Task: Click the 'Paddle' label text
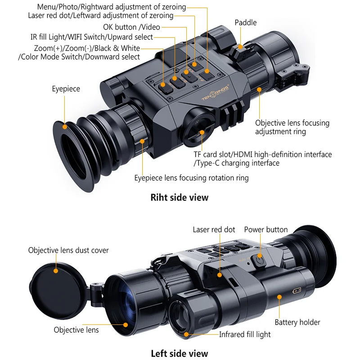pyautogui.click(x=245, y=22)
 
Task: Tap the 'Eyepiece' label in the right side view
pyautogui.click(x=66, y=89)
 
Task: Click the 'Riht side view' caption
pyautogui.click(x=180, y=197)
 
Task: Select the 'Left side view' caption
pyautogui.click(x=180, y=353)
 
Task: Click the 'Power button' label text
pyautogui.click(x=265, y=229)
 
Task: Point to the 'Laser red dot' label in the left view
pyautogui.click(x=214, y=229)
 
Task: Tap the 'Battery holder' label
pyautogui.click(x=297, y=322)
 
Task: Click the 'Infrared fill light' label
pyautogui.click(x=245, y=334)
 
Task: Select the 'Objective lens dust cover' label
pyautogui.click(x=68, y=250)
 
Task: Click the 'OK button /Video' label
pyautogui.click(x=131, y=27)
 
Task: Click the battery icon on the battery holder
pyautogui.click(x=297, y=291)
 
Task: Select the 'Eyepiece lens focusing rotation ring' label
pyautogui.click(x=191, y=178)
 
